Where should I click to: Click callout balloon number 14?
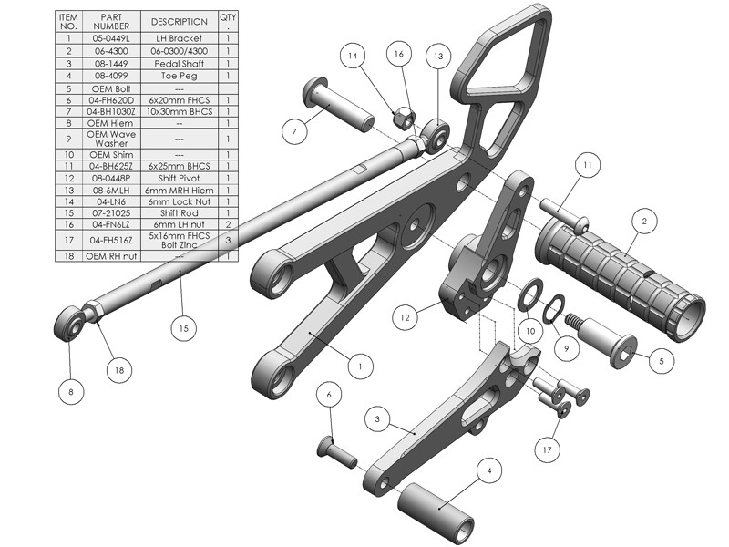click(353, 56)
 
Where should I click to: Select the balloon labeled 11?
click(588, 165)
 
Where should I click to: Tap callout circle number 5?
click(662, 361)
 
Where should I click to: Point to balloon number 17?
click(547, 449)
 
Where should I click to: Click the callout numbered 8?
click(71, 392)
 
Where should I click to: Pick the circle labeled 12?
click(405, 317)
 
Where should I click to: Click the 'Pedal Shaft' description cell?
click(179, 63)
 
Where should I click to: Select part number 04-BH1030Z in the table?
click(111, 111)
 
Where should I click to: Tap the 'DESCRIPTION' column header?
click(179, 21)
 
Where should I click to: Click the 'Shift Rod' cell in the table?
click(179, 213)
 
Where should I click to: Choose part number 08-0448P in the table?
click(111, 178)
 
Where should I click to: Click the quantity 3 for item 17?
click(228, 240)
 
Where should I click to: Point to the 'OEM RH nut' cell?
click(111, 256)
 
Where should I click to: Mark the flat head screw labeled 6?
click(337, 452)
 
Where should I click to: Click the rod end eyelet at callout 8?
click(70, 324)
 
